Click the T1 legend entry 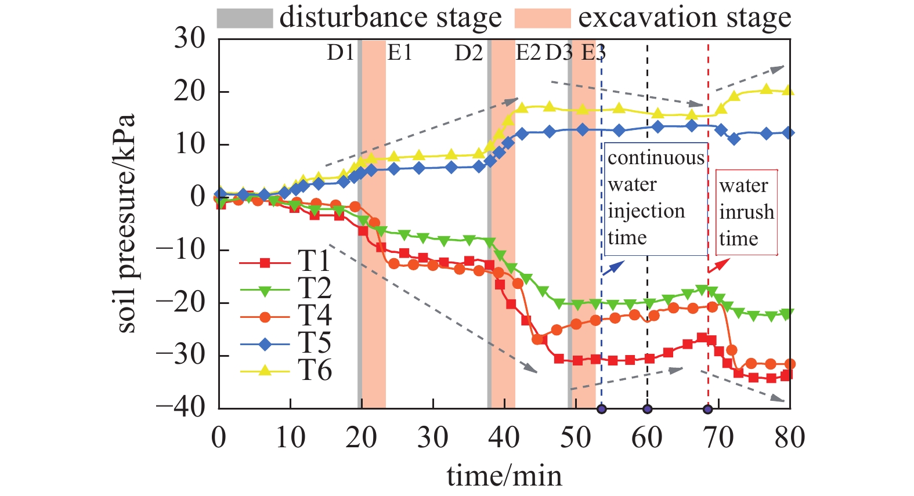(x=286, y=262)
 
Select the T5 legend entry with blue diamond (x=286, y=345)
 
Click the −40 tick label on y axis (x=181, y=408)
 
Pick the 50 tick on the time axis (x=575, y=437)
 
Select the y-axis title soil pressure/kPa (x=125, y=223)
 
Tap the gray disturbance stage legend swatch (x=244, y=18)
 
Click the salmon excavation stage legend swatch (x=543, y=18)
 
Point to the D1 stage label (x=340, y=53)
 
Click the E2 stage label (x=528, y=53)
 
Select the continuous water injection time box (x=656, y=199)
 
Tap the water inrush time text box (x=746, y=212)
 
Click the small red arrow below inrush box (x=719, y=266)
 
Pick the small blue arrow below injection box (x=613, y=267)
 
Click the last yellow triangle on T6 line (x=788, y=90)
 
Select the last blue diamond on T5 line (x=788, y=133)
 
